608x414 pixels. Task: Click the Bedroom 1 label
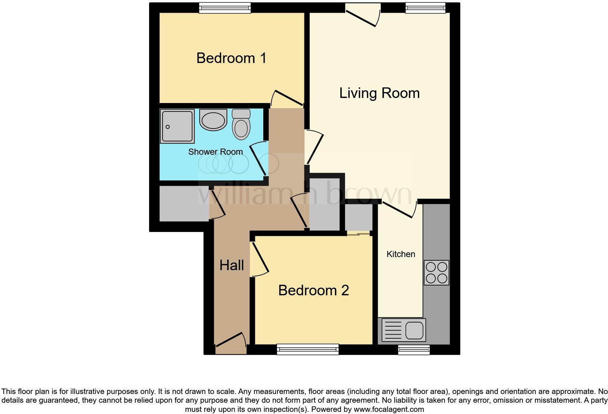coord(231,58)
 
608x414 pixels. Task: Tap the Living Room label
coord(379,93)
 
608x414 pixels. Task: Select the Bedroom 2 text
coord(313,291)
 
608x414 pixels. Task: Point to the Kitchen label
coord(400,254)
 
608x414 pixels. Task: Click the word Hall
coord(231,265)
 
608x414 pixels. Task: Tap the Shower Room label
coord(215,152)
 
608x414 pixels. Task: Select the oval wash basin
coord(213,120)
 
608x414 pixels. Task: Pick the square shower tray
coord(177,126)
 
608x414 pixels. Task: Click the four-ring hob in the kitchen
coord(436,272)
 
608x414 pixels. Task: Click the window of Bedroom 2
coord(308,350)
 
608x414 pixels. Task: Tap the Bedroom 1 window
coord(225,8)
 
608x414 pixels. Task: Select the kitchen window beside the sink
coord(414,350)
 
